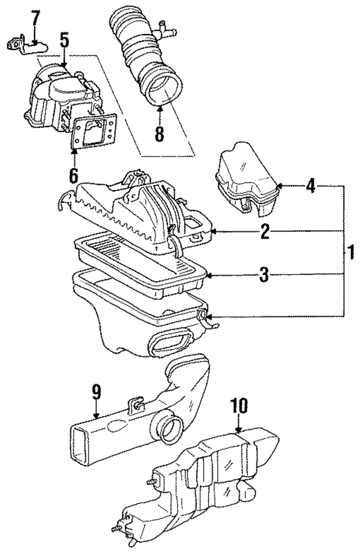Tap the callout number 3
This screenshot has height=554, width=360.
coord(263,276)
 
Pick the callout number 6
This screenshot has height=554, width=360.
coord(74,175)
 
